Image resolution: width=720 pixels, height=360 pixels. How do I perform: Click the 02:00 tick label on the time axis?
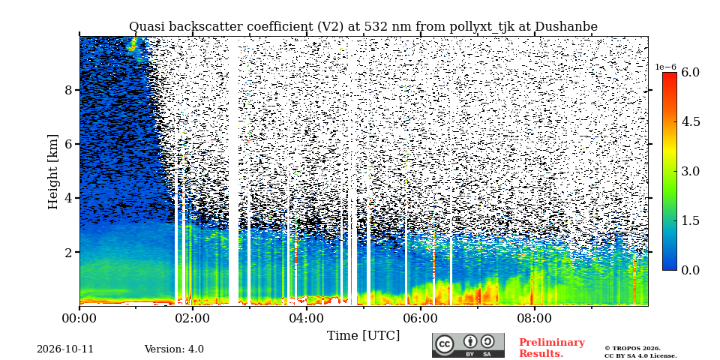(193, 319)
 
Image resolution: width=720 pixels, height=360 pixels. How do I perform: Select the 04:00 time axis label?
(307, 319)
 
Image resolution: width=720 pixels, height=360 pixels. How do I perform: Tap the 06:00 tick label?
(421, 319)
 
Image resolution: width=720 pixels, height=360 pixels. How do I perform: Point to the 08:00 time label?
(535, 319)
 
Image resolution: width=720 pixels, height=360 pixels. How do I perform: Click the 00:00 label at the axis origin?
(79, 319)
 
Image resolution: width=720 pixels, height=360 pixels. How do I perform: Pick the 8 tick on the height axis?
(68, 90)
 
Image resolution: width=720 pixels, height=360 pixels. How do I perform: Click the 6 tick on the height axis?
(68, 144)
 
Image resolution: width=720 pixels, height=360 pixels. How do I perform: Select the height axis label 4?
(68, 198)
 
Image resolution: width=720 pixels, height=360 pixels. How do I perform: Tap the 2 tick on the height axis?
(68, 253)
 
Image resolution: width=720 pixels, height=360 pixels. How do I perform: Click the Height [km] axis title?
(54, 172)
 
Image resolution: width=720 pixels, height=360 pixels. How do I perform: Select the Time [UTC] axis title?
(363, 336)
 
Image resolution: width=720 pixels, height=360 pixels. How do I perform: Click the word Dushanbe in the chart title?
(566, 27)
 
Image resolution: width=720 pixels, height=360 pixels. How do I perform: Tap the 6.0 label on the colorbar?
(690, 72)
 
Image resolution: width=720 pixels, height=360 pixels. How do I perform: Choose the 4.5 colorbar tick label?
(690, 121)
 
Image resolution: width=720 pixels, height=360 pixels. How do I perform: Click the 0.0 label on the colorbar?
(690, 270)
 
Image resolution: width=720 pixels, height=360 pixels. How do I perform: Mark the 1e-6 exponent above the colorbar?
(665, 67)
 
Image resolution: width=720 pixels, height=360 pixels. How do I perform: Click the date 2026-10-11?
(65, 349)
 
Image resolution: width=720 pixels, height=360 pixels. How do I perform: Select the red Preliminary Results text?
(552, 348)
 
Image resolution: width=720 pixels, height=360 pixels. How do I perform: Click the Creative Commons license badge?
(468, 345)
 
